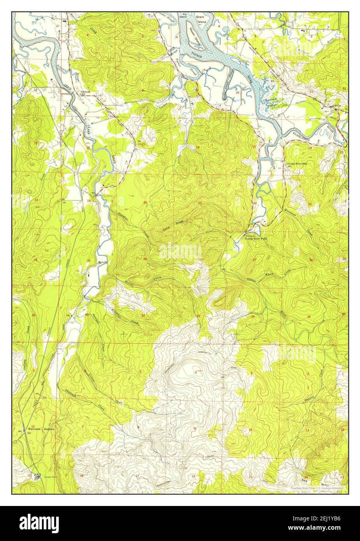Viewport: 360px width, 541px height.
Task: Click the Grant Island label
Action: tap(200, 19)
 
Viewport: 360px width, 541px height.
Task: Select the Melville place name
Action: tap(102, 262)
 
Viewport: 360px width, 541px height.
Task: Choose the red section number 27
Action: tap(255, 260)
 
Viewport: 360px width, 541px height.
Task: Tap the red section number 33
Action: tap(198, 316)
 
